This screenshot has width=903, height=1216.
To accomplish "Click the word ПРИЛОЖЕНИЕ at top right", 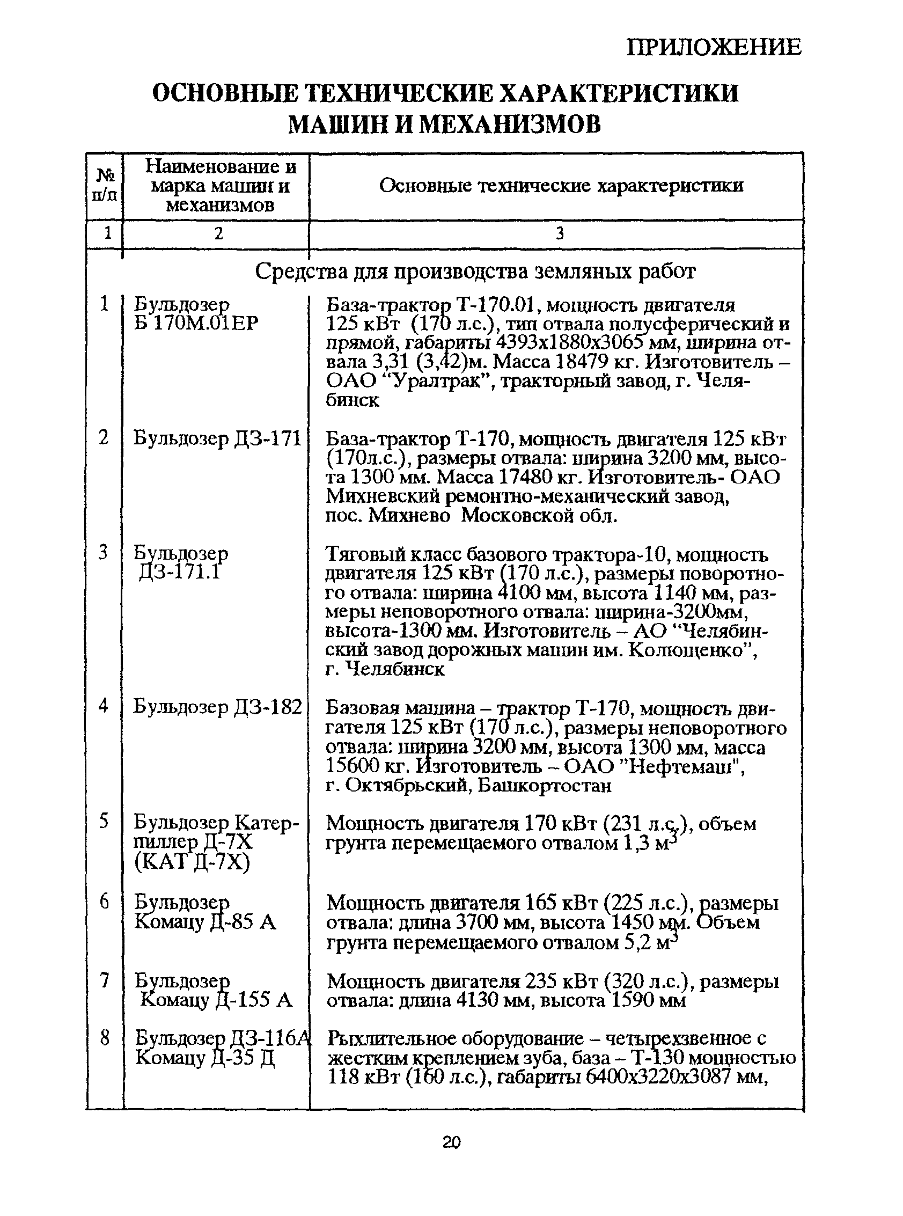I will pyautogui.click(x=713, y=48).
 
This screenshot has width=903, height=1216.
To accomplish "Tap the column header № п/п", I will pyautogui.click(x=105, y=185).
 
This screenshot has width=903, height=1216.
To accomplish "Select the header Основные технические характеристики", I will pyautogui.click(x=561, y=186).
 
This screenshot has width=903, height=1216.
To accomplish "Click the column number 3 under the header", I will pyautogui.click(x=560, y=234).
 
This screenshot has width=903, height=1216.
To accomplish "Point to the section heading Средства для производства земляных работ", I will pyautogui.click(x=475, y=271).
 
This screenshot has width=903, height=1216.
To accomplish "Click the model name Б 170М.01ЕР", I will pyautogui.click(x=196, y=323).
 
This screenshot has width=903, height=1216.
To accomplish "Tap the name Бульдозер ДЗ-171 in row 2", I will pyautogui.click(x=217, y=438).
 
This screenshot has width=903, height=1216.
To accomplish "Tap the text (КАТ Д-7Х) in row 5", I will pyautogui.click(x=192, y=862).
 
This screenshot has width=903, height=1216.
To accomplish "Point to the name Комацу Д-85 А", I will pyautogui.click(x=205, y=922).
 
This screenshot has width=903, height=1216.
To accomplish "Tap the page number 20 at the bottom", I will pyautogui.click(x=452, y=1142).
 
